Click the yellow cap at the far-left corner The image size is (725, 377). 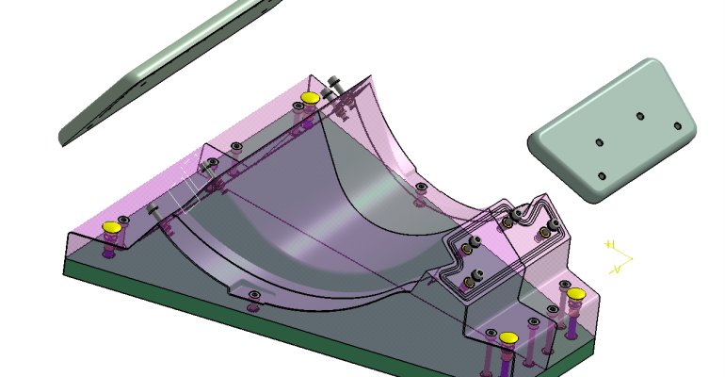pos(112,227)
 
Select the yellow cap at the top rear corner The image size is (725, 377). pos(309,98)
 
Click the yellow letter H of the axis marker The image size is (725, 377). pos(610,245)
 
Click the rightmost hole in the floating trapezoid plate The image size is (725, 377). pos(675,125)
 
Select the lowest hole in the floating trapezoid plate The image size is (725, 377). pos(603,175)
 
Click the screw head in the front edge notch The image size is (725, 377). pos(252,296)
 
